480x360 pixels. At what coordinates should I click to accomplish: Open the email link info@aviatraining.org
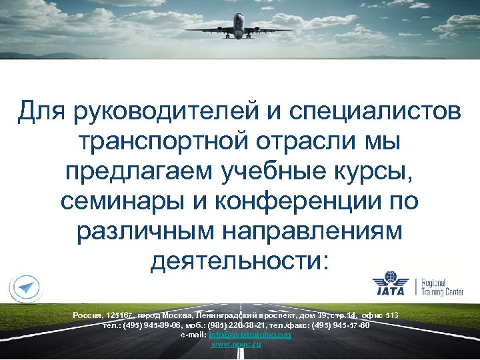coord(250,335)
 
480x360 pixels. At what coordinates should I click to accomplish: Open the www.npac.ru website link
coord(236,344)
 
